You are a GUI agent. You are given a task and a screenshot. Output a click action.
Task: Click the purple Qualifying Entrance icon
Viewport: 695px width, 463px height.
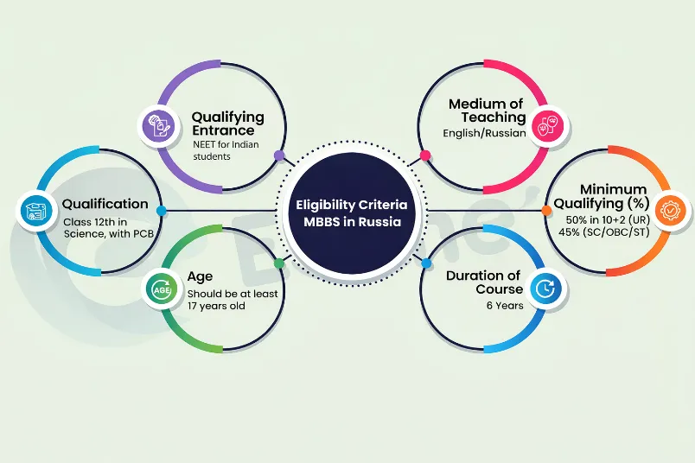tap(159, 126)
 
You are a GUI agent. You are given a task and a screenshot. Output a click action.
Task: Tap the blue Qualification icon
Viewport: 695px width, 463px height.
tap(36, 211)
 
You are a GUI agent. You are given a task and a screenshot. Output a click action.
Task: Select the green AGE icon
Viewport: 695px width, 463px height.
tap(162, 289)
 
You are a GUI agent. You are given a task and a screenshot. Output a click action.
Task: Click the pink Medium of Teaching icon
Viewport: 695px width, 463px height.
tap(548, 126)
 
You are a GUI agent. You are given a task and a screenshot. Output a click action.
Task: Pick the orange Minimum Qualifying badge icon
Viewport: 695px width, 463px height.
tap(670, 210)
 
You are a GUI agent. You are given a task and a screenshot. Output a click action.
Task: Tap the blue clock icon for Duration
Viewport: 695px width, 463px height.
tap(545, 289)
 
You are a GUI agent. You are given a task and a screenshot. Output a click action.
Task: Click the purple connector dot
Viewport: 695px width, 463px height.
tap(279, 155)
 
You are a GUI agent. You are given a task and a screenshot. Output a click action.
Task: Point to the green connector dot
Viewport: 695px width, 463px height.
tap(279, 263)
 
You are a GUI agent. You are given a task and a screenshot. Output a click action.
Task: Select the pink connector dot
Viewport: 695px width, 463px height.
tap(425, 155)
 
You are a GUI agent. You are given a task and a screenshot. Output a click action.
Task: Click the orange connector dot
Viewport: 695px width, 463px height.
tap(547, 211)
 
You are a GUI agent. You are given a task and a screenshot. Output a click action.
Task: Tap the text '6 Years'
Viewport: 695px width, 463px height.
tap(505, 306)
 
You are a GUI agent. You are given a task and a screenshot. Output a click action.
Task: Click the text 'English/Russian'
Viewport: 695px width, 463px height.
tap(484, 133)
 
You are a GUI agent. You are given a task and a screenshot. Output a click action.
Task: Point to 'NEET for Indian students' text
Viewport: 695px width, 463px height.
tap(226, 150)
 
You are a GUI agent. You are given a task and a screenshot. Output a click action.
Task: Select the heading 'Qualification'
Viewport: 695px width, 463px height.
tap(105, 204)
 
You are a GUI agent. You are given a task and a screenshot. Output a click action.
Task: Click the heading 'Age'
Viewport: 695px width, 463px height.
tap(200, 277)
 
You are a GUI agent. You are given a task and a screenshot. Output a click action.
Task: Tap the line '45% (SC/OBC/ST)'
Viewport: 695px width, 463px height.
tap(603, 232)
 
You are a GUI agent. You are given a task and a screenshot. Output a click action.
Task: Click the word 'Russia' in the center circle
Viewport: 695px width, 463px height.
tap(379, 221)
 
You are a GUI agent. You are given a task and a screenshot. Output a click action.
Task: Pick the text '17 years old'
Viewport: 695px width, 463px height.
tap(216, 306)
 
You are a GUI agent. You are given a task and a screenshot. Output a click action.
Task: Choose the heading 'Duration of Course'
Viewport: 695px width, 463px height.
tap(484, 282)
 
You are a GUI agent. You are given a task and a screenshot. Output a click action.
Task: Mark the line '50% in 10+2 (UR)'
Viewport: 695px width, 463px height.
tap(608, 219)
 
